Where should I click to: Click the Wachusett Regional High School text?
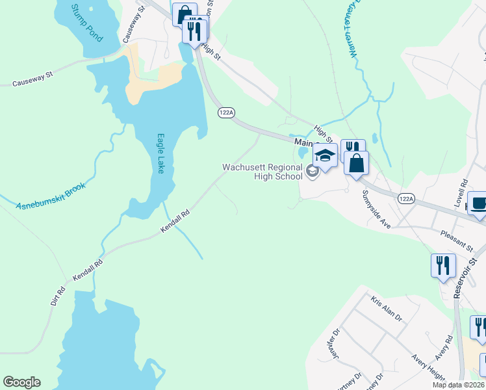pyautogui.click(x=262, y=172)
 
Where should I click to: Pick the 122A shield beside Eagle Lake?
pyautogui.click(x=226, y=112)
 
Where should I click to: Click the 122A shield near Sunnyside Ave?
pyautogui.click(x=406, y=199)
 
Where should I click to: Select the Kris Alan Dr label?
pyautogui.click(x=387, y=309)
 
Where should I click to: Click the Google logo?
pyautogui.click(x=21, y=382)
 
